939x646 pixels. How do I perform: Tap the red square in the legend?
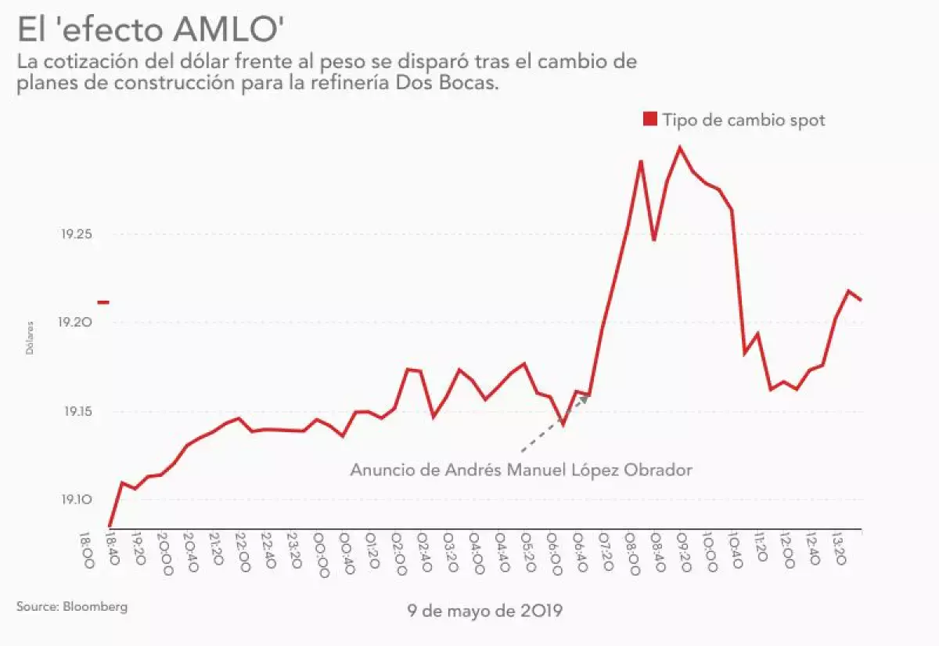pyautogui.click(x=649, y=119)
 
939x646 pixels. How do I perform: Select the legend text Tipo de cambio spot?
pyautogui.click(x=743, y=120)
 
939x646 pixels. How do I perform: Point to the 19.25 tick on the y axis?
pyautogui.click(x=77, y=234)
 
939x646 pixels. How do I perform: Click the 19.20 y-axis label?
pyautogui.click(x=77, y=323)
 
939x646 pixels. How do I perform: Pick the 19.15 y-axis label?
pyautogui.click(x=77, y=412)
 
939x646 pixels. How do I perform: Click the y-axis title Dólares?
pyautogui.click(x=30, y=337)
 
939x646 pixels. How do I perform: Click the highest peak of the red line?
pyautogui.click(x=680, y=147)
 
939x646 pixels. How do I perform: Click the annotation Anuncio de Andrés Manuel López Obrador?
pyautogui.click(x=521, y=471)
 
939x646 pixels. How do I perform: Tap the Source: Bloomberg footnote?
pyautogui.click(x=71, y=606)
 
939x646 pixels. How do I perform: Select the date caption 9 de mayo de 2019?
pyautogui.click(x=484, y=610)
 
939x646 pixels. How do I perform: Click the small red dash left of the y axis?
pyautogui.click(x=103, y=302)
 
